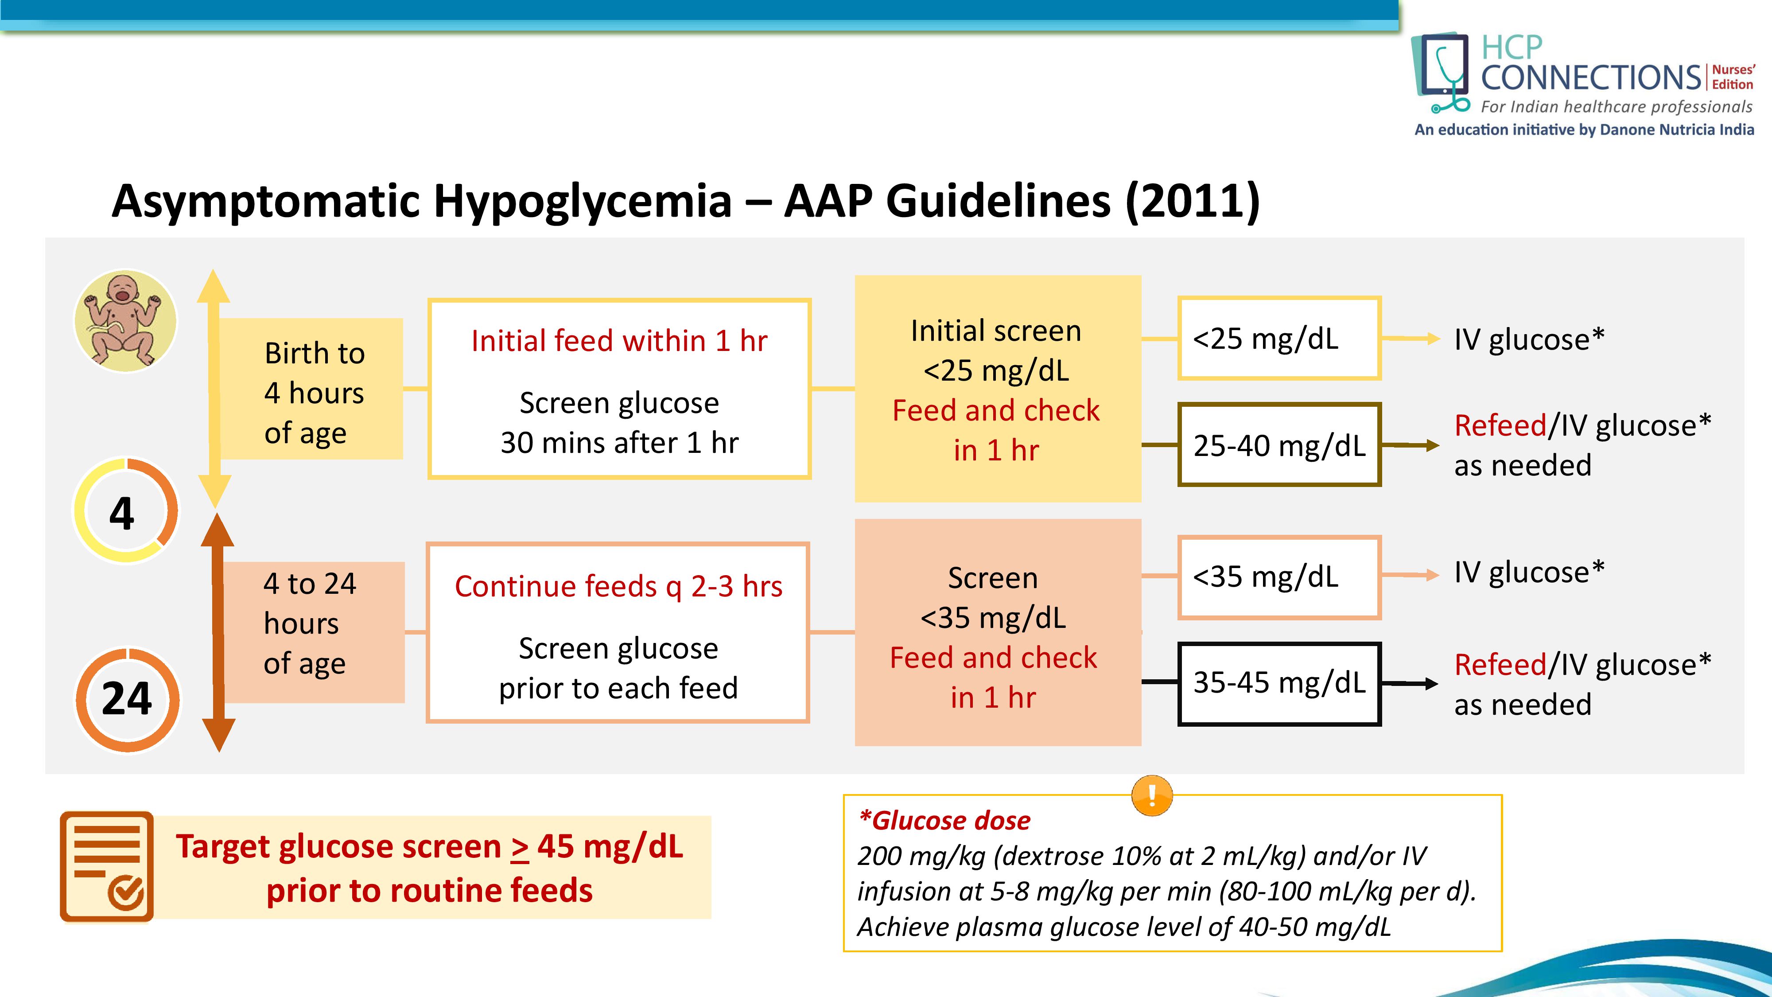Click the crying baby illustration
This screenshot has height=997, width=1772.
pos(125,321)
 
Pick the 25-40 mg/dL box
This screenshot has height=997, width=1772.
pos(1279,445)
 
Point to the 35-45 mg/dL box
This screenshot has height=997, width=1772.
pos(1279,683)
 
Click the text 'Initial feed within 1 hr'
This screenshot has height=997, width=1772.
pos(619,341)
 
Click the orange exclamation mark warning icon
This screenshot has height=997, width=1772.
pos(1151,795)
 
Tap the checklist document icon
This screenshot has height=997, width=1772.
pos(107,866)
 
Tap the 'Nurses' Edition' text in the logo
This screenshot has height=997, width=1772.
pos(1733,77)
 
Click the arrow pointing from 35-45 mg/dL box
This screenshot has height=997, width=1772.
pos(1410,683)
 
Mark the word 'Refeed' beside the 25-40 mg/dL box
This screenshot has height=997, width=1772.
pos(1500,426)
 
